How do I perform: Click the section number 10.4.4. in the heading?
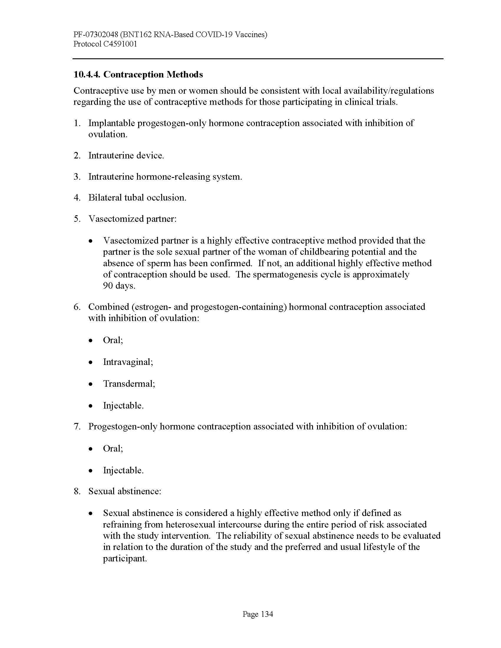point(87,75)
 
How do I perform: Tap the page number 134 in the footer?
point(266,614)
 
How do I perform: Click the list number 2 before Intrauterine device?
point(77,156)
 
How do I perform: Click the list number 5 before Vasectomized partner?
point(77,219)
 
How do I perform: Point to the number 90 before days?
point(108,286)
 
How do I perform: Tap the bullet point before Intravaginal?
point(91,362)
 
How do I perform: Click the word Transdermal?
point(128,384)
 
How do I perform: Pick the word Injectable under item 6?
point(123,406)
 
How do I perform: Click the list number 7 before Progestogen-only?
point(77,427)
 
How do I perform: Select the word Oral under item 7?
point(113,448)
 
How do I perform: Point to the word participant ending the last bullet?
point(124,558)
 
